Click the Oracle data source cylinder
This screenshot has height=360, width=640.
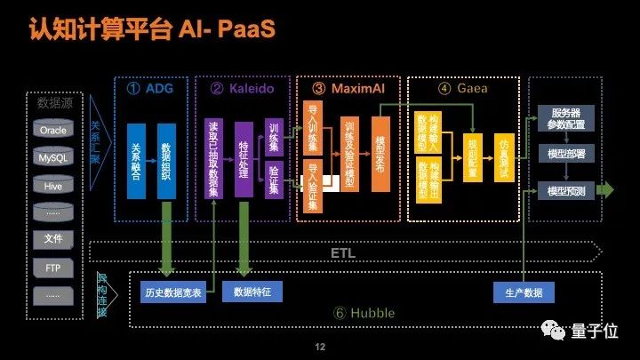52,130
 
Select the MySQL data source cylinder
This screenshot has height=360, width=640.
52,158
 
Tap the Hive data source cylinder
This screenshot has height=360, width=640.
52,186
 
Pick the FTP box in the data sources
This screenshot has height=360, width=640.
52,267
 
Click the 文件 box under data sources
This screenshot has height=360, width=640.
52,239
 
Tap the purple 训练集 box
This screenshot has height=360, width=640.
274,140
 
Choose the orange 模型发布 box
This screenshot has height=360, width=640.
380,155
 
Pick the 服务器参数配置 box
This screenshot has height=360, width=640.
567,117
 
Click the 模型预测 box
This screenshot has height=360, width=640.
567,191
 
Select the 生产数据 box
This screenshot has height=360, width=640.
524,292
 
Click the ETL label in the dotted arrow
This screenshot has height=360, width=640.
342,252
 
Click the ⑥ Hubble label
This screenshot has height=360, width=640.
364,314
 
